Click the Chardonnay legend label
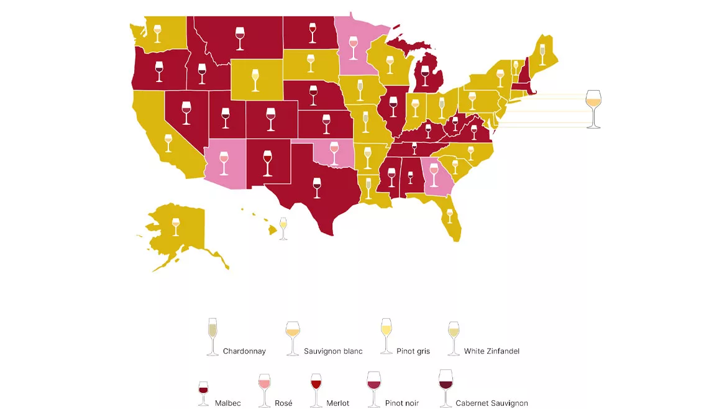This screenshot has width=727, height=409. click(x=244, y=351)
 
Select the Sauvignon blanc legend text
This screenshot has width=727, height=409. click(x=333, y=351)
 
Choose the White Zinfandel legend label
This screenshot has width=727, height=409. click(x=492, y=351)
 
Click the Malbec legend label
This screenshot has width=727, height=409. click(x=228, y=403)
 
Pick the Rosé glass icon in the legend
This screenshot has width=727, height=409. click(x=265, y=390)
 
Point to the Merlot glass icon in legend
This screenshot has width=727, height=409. click(x=316, y=390)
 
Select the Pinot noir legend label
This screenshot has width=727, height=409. click(x=401, y=403)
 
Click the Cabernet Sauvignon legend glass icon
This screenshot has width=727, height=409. click(x=446, y=388)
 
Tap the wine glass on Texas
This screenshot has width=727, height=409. click(x=317, y=187)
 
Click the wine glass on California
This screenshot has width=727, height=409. click(x=168, y=142)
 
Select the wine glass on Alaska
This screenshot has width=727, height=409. click(x=175, y=226)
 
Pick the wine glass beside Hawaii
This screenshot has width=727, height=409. click(x=283, y=228)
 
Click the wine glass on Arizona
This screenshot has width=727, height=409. click(x=224, y=162)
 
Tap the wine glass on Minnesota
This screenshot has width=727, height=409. click(x=354, y=48)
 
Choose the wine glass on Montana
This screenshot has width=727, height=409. click(x=240, y=38)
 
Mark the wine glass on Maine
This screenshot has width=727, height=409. click(x=542, y=54)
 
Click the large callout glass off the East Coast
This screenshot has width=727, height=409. click(x=593, y=109)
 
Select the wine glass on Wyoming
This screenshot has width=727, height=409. click(x=255, y=80)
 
